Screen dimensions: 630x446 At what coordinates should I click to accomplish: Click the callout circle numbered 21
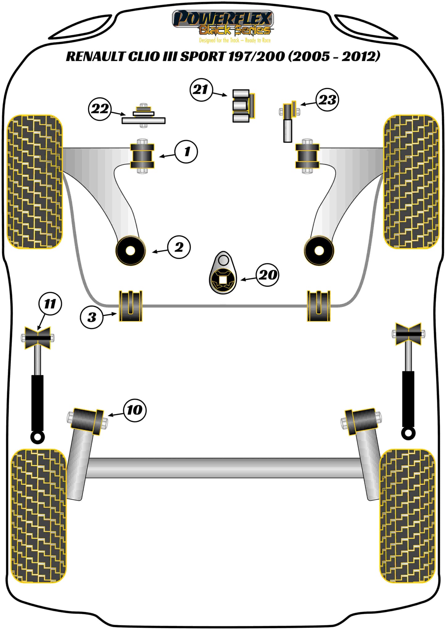tap(201, 90)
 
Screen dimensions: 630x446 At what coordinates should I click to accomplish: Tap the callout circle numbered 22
tap(100, 109)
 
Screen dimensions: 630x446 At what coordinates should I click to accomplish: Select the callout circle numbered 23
tap(327, 100)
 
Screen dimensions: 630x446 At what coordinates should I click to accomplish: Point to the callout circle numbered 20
tap(267, 275)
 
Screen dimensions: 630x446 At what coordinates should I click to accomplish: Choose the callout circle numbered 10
tap(135, 410)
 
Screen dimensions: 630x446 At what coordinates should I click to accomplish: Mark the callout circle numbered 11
tap(50, 304)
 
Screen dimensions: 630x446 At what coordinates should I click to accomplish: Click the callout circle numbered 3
tap(92, 317)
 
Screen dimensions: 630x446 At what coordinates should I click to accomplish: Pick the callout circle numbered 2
tap(179, 247)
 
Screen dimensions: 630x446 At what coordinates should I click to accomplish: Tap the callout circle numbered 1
tap(186, 151)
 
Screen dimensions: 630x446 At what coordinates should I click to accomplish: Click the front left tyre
tap(35, 182)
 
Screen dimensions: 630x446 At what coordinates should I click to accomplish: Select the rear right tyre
tap(407, 516)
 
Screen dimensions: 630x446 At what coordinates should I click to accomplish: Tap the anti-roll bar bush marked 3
tap(131, 306)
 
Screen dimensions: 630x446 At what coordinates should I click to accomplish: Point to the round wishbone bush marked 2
tap(130, 251)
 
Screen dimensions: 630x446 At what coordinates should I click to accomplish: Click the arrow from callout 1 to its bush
tap(167, 156)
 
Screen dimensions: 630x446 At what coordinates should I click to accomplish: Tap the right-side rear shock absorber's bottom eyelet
tap(408, 434)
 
